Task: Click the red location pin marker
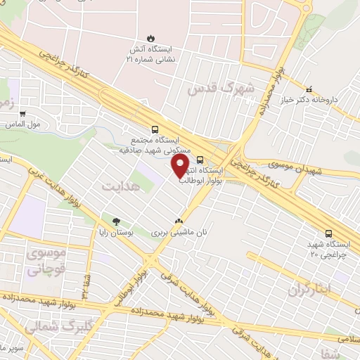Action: (180, 167)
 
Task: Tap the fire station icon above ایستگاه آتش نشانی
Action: (150, 38)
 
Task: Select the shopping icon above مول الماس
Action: (23, 113)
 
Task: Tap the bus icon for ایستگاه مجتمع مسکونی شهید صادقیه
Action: (155, 129)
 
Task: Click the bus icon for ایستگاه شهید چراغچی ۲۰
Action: (329, 234)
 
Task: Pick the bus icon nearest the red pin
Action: (200, 159)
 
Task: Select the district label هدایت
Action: (117, 187)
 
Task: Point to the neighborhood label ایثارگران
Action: (309, 288)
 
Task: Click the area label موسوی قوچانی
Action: (46, 259)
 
